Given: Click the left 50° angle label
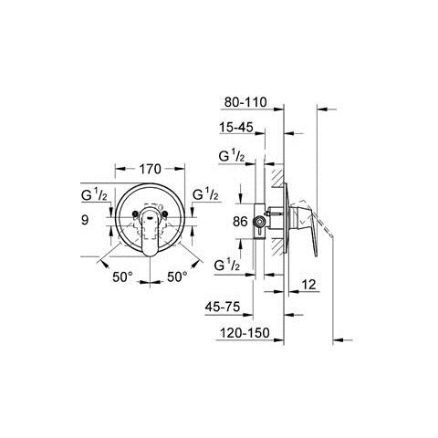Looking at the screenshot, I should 122,275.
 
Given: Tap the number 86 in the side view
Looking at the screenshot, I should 240,220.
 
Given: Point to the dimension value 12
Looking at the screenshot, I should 310,286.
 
